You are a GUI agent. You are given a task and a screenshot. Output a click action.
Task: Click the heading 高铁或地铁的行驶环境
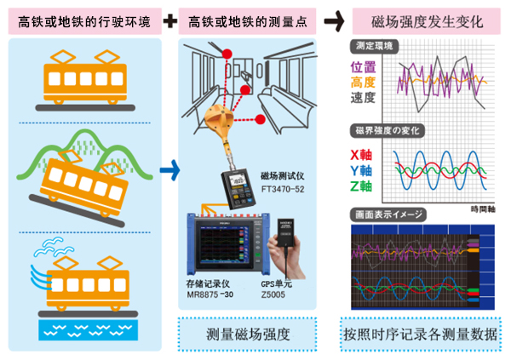[x=83, y=20]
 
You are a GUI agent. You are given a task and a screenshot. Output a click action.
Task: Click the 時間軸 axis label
[x=484, y=207]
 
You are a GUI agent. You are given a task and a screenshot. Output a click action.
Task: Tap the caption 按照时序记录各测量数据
[x=419, y=332]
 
